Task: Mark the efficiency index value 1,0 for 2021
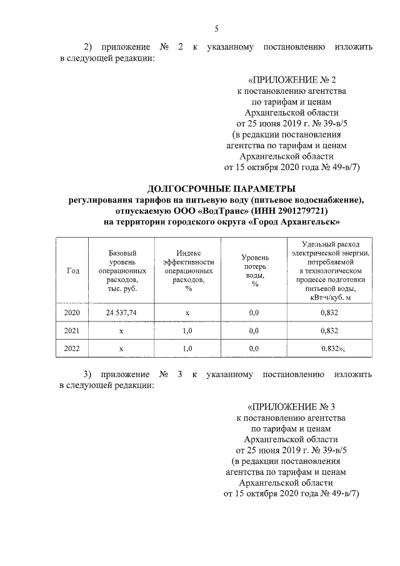tap(187, 330)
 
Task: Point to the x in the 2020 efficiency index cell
tap(187, 311)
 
